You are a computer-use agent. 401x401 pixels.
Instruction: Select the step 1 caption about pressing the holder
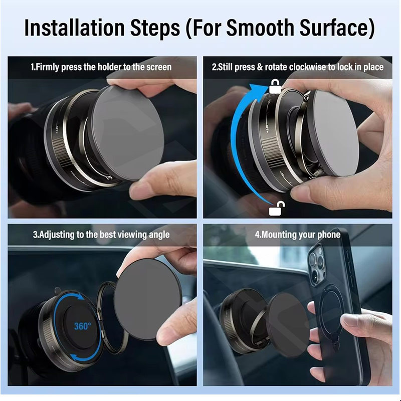[x=101, y=67]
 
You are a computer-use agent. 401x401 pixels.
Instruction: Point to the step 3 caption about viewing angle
[x=101, y=235]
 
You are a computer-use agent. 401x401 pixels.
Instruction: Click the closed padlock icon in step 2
[x=275, y=86]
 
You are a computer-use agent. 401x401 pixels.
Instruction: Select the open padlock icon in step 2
[x=277, y=208]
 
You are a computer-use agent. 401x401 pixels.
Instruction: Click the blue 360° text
[x=82, y=326]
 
